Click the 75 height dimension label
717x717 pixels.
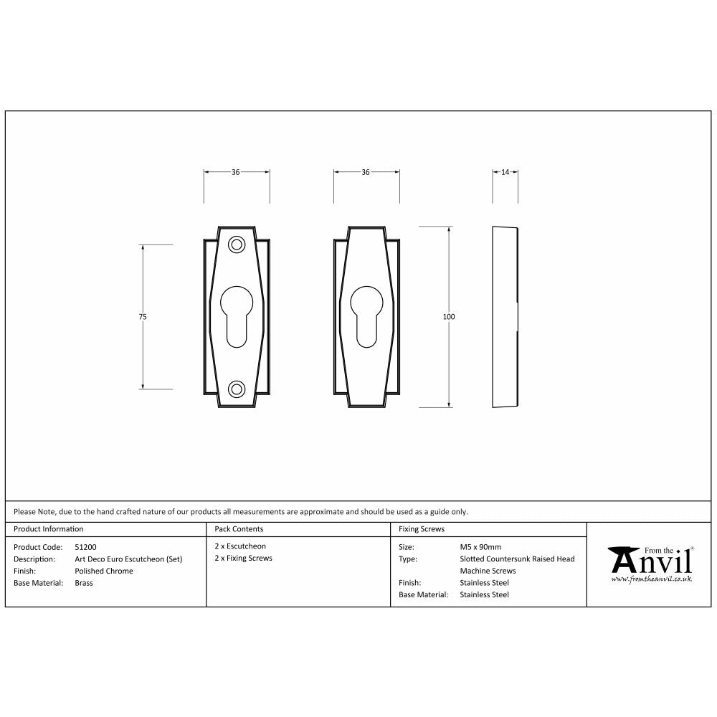(143, 317)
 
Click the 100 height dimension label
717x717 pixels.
(450, 317)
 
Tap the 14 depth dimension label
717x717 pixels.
(505, 172)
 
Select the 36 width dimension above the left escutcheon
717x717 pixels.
(236, 172)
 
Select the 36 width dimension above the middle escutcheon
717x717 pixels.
(366, 172)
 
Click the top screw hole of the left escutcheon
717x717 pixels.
(236, 244)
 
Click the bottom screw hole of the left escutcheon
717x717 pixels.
(236, 389)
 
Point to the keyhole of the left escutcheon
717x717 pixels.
(236, 315)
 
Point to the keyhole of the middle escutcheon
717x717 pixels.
(366, 315)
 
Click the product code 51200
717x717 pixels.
(85, 547)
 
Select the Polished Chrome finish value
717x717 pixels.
(103, 571)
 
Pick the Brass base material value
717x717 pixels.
(84, 583)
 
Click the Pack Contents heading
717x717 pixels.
(239, 529)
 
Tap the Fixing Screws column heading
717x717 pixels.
(422, 529)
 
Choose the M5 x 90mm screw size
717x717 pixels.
(480, 547)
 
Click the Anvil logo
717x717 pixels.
(650, 559)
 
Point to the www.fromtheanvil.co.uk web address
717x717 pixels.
(651, 578)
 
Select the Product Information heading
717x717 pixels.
(49, 529)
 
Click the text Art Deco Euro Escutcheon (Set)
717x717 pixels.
(128, 559)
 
